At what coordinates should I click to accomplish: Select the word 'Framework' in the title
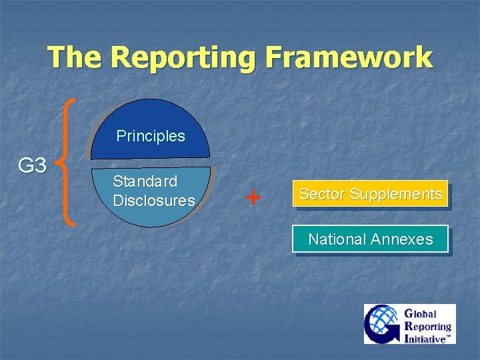pos(348,57)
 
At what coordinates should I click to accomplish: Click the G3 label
pos(31,165)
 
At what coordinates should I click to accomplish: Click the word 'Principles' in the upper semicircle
pos(151,136)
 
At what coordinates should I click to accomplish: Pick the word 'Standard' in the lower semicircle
pos(145,181)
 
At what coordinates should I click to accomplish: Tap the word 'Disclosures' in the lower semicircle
pos(154,201)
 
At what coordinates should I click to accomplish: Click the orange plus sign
pos(253,197)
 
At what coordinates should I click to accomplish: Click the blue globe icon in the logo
pos(381,324)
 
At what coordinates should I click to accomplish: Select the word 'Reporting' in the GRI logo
pos(428,326)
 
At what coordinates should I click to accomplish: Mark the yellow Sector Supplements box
pos(371,194)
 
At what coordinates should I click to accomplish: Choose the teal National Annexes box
pos(371,239)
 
